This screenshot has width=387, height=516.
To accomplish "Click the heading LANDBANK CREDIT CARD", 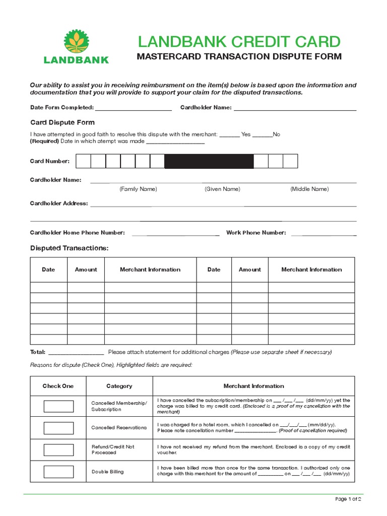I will tap(239, 41).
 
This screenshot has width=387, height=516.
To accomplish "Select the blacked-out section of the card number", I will tap(209, 161).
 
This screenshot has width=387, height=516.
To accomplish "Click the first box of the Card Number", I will tap(83, 161).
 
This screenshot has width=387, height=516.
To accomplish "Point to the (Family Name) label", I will tap(138, 189).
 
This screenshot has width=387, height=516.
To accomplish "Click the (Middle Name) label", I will tap(309, 189).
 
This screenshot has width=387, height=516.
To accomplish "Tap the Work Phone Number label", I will tap(256, 233).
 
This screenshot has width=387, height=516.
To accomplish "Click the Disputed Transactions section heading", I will tap(69, 248).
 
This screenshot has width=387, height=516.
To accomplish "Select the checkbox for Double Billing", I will tap(58, 472).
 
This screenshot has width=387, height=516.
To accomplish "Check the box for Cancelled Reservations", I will tap(58, 428).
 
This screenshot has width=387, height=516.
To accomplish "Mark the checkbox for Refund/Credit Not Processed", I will tap(58, 450).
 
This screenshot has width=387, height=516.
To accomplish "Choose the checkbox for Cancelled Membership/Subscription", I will tap(58, 406).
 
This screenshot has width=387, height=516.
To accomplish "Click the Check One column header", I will tap(58, 386).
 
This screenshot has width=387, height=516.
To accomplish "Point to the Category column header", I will tap(119, 386).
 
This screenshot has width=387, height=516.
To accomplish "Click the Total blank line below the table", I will tap(76, 353).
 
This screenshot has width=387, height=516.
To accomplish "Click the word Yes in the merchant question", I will tap(246, 135).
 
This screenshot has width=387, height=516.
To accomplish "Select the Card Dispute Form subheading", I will tap(62, 122).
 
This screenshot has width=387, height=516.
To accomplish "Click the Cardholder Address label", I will tap(59, 204).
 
